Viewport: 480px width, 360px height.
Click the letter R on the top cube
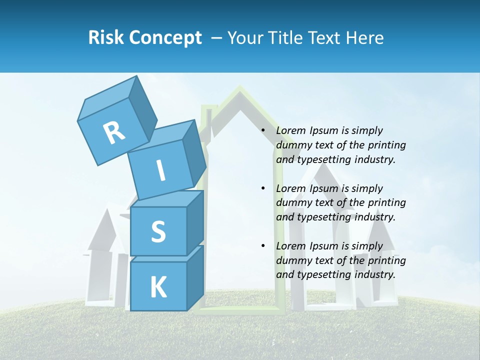click(114, 133)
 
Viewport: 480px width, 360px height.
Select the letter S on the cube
click(158, 231)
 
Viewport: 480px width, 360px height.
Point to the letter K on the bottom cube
click(158, 287)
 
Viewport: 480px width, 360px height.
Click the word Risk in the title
click(105, 37)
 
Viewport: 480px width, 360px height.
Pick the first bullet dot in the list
click(263, 131)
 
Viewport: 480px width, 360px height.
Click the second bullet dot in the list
click(263, 188)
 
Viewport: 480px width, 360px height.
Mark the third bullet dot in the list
click(263, 246)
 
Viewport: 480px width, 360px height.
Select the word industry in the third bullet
click(375, 274)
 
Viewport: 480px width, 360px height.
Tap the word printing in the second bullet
click(386, 202)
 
